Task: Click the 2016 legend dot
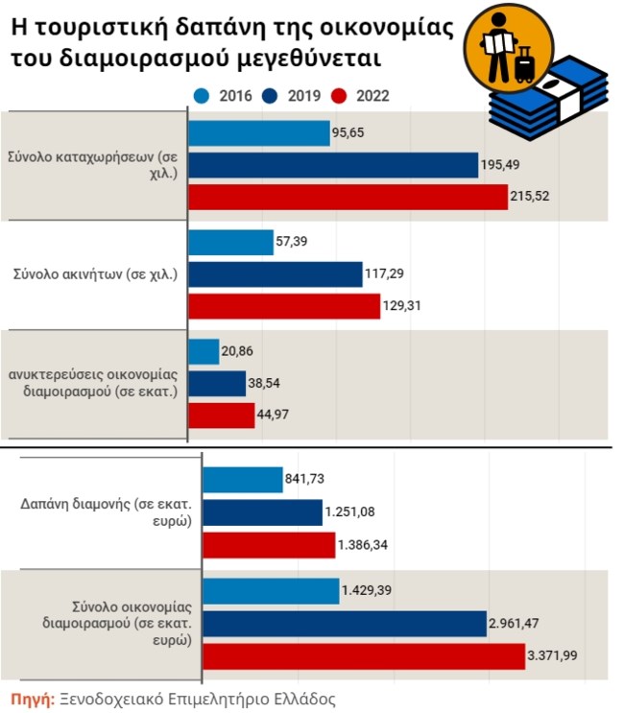tap(202, 95)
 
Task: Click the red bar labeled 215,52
tap(348, 197)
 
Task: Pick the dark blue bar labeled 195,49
tap(333, 165)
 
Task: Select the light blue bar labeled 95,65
tap(258, 133)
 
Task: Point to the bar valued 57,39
tap(230, 243)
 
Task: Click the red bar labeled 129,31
tap(284, 306)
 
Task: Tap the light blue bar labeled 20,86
tap(204, 352)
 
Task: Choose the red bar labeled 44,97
tap(221, 416)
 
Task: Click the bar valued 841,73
tap(243, 480)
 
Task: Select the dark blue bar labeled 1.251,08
tap(262, 512)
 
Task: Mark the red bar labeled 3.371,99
tap(364, 657)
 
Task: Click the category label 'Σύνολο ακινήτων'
tap(94, 274)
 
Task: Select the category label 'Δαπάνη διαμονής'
tap(107, 511)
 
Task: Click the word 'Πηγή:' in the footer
tap(32, 699)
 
